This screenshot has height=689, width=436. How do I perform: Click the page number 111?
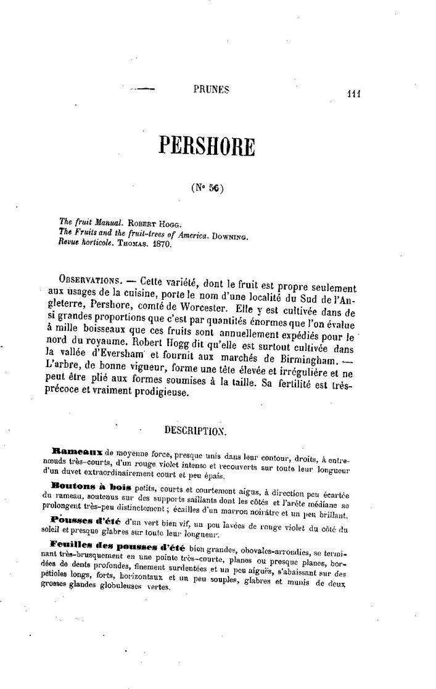(x=353, y=94)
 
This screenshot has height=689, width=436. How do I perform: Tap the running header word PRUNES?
(x=211, y=89)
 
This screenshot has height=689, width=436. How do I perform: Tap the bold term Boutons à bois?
(x=86, y=487)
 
